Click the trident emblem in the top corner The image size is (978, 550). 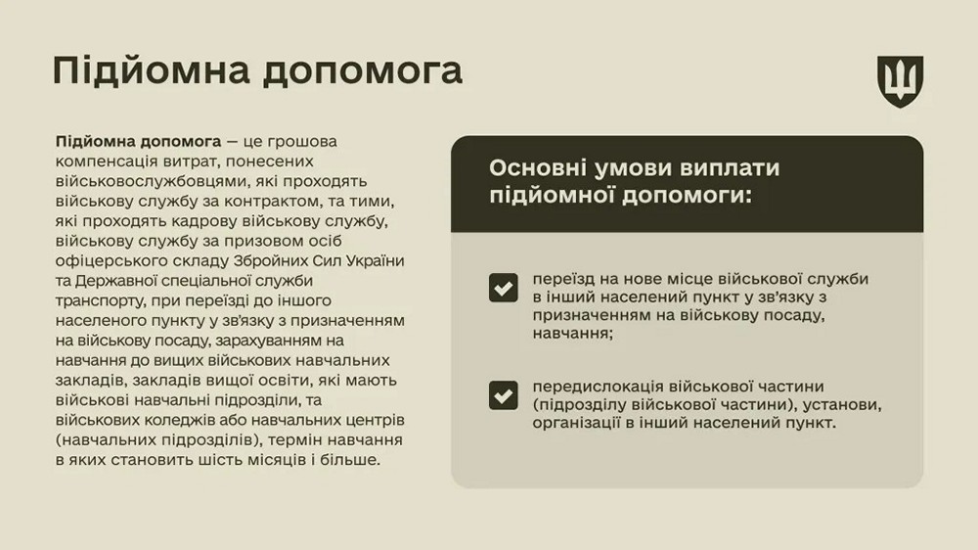(x=900, y=81)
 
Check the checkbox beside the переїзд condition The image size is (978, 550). (x=504, y=288)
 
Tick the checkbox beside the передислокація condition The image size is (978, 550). (x=504, y=394)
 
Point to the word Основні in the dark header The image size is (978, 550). (x=536, y=167)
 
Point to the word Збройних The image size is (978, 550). (x=269, y=260)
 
